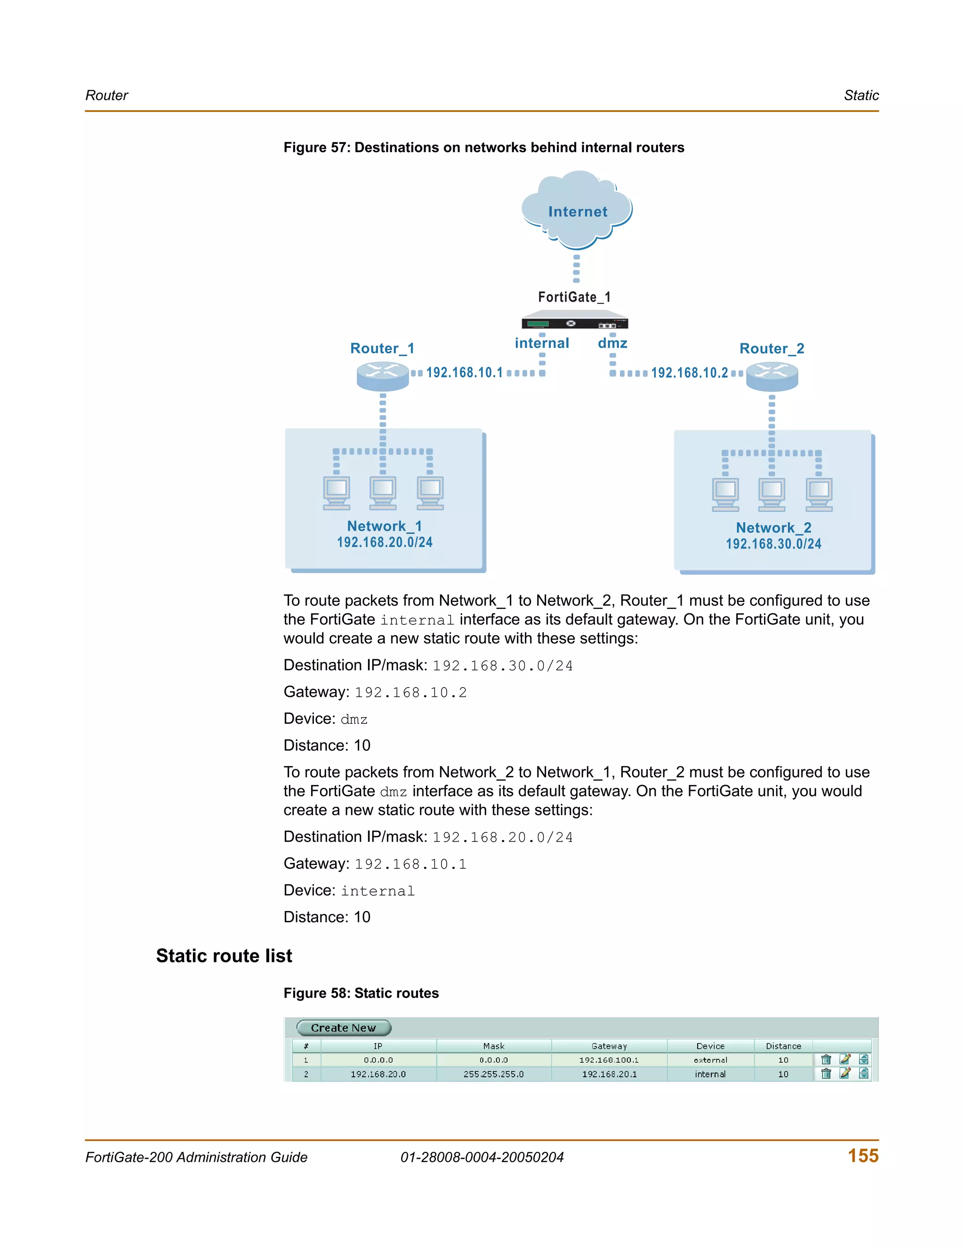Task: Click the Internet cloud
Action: tap(577, 210)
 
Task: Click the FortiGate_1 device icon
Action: tap(575, 320)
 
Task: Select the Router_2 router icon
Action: tap(771, 376)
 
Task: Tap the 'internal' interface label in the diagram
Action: tap(541, 343)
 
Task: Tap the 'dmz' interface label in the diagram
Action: tap(612, 343)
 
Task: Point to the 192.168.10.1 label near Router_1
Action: tap(464, 373)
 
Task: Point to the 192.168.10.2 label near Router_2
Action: tap(689, 373)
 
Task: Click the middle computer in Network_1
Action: tap(383, 493)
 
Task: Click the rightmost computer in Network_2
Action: tap(819, 495)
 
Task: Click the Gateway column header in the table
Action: tap(609, 1046)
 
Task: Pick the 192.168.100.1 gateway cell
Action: tap(609, 1060)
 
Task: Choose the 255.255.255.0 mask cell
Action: tap(493, 1074)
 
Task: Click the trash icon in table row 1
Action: tap(826, 1060)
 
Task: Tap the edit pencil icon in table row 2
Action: tap(844, 1073)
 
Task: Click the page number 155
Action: tap(863, 1156)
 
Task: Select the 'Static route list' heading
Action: tap(224, 956)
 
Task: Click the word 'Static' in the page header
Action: tap(861, 96)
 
